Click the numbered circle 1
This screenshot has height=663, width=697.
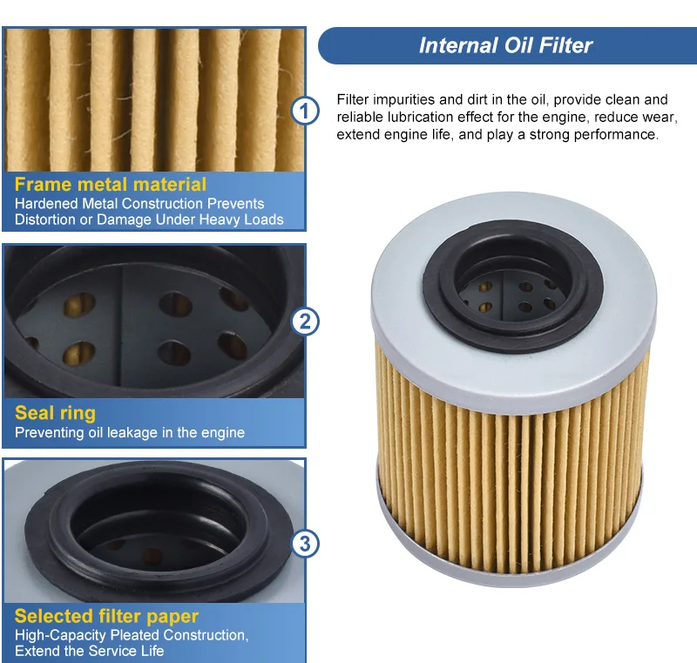click(305, 111)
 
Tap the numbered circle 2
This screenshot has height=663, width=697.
click(305, 321)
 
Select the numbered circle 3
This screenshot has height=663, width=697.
click(305, 543)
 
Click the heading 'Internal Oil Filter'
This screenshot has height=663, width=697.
click(505, 45)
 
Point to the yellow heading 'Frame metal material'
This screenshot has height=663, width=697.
click(111, 184)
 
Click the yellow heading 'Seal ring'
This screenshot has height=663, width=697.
click(55, 413)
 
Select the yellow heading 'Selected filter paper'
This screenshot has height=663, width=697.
click(106, 616)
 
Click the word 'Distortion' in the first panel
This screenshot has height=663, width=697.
click(46, 220)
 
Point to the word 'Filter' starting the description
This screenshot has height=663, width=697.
click(352, 99)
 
